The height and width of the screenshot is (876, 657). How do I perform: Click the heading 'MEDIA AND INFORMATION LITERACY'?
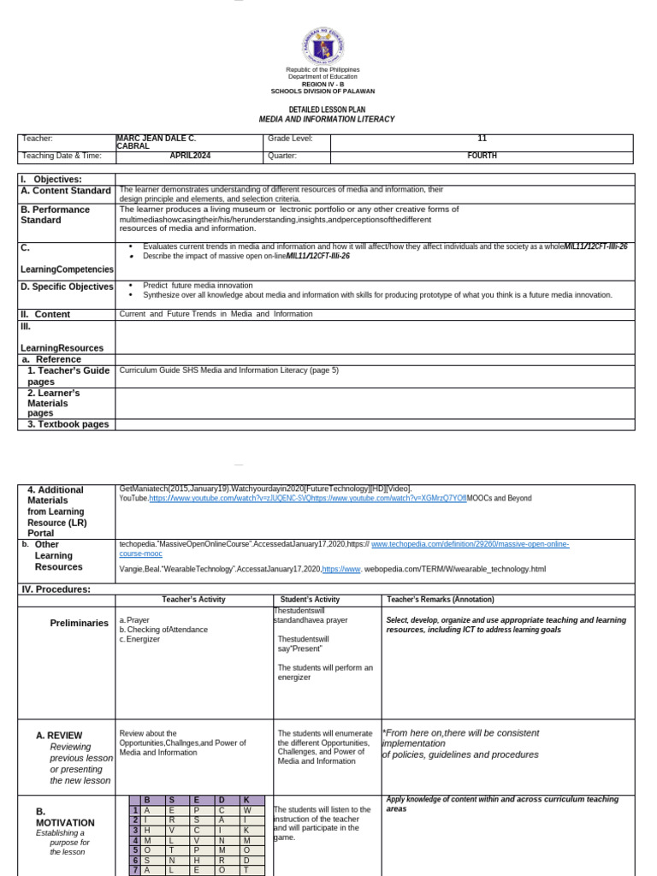click(327, 120)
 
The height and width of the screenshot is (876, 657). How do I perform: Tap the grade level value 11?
click(482, 138)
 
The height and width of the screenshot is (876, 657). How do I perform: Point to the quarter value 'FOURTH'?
click(482, 156)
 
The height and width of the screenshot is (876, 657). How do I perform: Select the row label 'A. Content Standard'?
click(66, 191)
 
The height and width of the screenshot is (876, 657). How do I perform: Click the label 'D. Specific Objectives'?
click(66, 287)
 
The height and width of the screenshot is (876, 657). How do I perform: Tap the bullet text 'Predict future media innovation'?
click(198, 286)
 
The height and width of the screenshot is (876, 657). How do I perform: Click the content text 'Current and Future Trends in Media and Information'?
click(216, 314)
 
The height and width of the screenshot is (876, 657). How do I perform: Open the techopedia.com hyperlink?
click(470, 544)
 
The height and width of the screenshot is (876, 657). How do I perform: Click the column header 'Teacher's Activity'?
click(193, 600)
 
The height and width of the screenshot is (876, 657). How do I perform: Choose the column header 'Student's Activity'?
click(310, 600)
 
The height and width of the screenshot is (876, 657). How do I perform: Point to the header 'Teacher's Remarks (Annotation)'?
click(440, 600)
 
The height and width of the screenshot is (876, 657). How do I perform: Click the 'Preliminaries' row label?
click(80, 623)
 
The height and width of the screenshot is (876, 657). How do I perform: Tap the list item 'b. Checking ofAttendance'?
click(163, 629)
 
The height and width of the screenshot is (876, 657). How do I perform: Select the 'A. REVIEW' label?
click(59, 735)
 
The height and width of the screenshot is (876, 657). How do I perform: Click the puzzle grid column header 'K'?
click(246, 800)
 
